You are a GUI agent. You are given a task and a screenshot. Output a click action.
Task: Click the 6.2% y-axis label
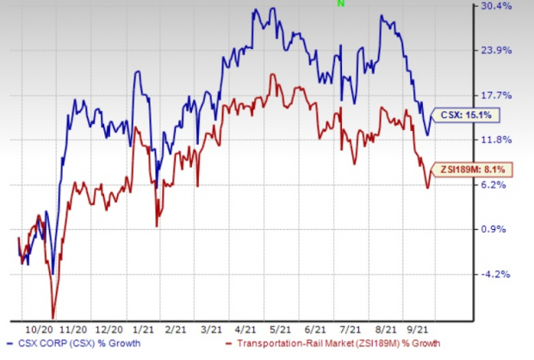[496, 184]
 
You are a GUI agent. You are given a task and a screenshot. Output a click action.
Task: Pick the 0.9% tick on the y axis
[496, 229]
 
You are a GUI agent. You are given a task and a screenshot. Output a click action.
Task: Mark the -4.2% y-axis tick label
[496, 274]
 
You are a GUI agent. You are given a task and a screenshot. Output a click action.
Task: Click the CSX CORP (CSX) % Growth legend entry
[74, 349]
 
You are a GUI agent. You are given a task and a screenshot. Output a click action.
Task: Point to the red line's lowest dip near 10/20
[53, 317]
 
